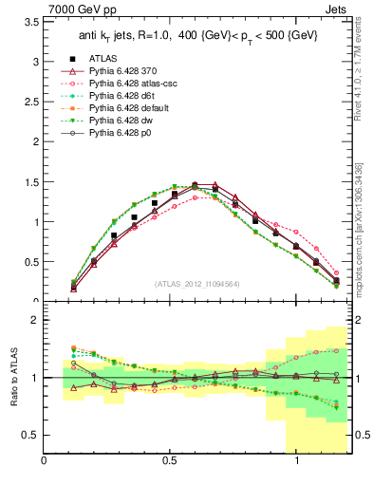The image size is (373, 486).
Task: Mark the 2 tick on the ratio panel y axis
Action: pyautogui.click(x=34, y=321)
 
